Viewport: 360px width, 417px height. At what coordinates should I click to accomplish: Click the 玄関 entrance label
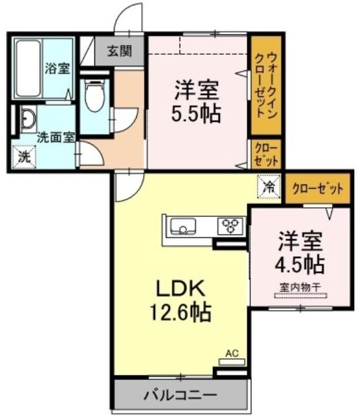[x=119, y=51]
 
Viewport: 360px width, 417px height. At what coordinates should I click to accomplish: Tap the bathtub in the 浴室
[x=29, y=69]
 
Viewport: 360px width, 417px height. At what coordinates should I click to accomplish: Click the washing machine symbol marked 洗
[x=24, y=157]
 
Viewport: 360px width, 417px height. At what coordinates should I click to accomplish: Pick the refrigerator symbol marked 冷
[x=269, y=186]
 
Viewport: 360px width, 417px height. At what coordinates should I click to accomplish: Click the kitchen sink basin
[x=183, y=226]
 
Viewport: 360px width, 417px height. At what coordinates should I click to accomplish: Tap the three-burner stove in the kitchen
[x=230, y=226]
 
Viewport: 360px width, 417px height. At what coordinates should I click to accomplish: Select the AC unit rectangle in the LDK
[x=231, y=362]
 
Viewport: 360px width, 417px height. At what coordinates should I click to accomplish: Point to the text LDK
[x=180, y=289]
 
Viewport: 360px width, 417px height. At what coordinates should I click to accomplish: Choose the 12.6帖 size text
[x=180, y=312]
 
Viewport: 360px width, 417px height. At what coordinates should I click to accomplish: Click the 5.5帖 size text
[x=197, y=113]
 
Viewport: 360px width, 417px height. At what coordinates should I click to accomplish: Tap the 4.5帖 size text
[x=300, y=264]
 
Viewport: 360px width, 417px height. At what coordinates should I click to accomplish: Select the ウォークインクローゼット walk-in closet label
[x=266, y=85]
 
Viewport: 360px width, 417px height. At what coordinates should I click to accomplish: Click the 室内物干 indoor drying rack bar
[x=301, y=295]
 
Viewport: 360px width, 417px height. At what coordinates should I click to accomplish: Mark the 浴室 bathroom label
[x=57, y=68]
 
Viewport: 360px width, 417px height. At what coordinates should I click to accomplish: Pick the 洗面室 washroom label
[x=55, y=137]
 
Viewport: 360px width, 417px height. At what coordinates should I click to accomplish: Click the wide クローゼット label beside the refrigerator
[x=318, y=188]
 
